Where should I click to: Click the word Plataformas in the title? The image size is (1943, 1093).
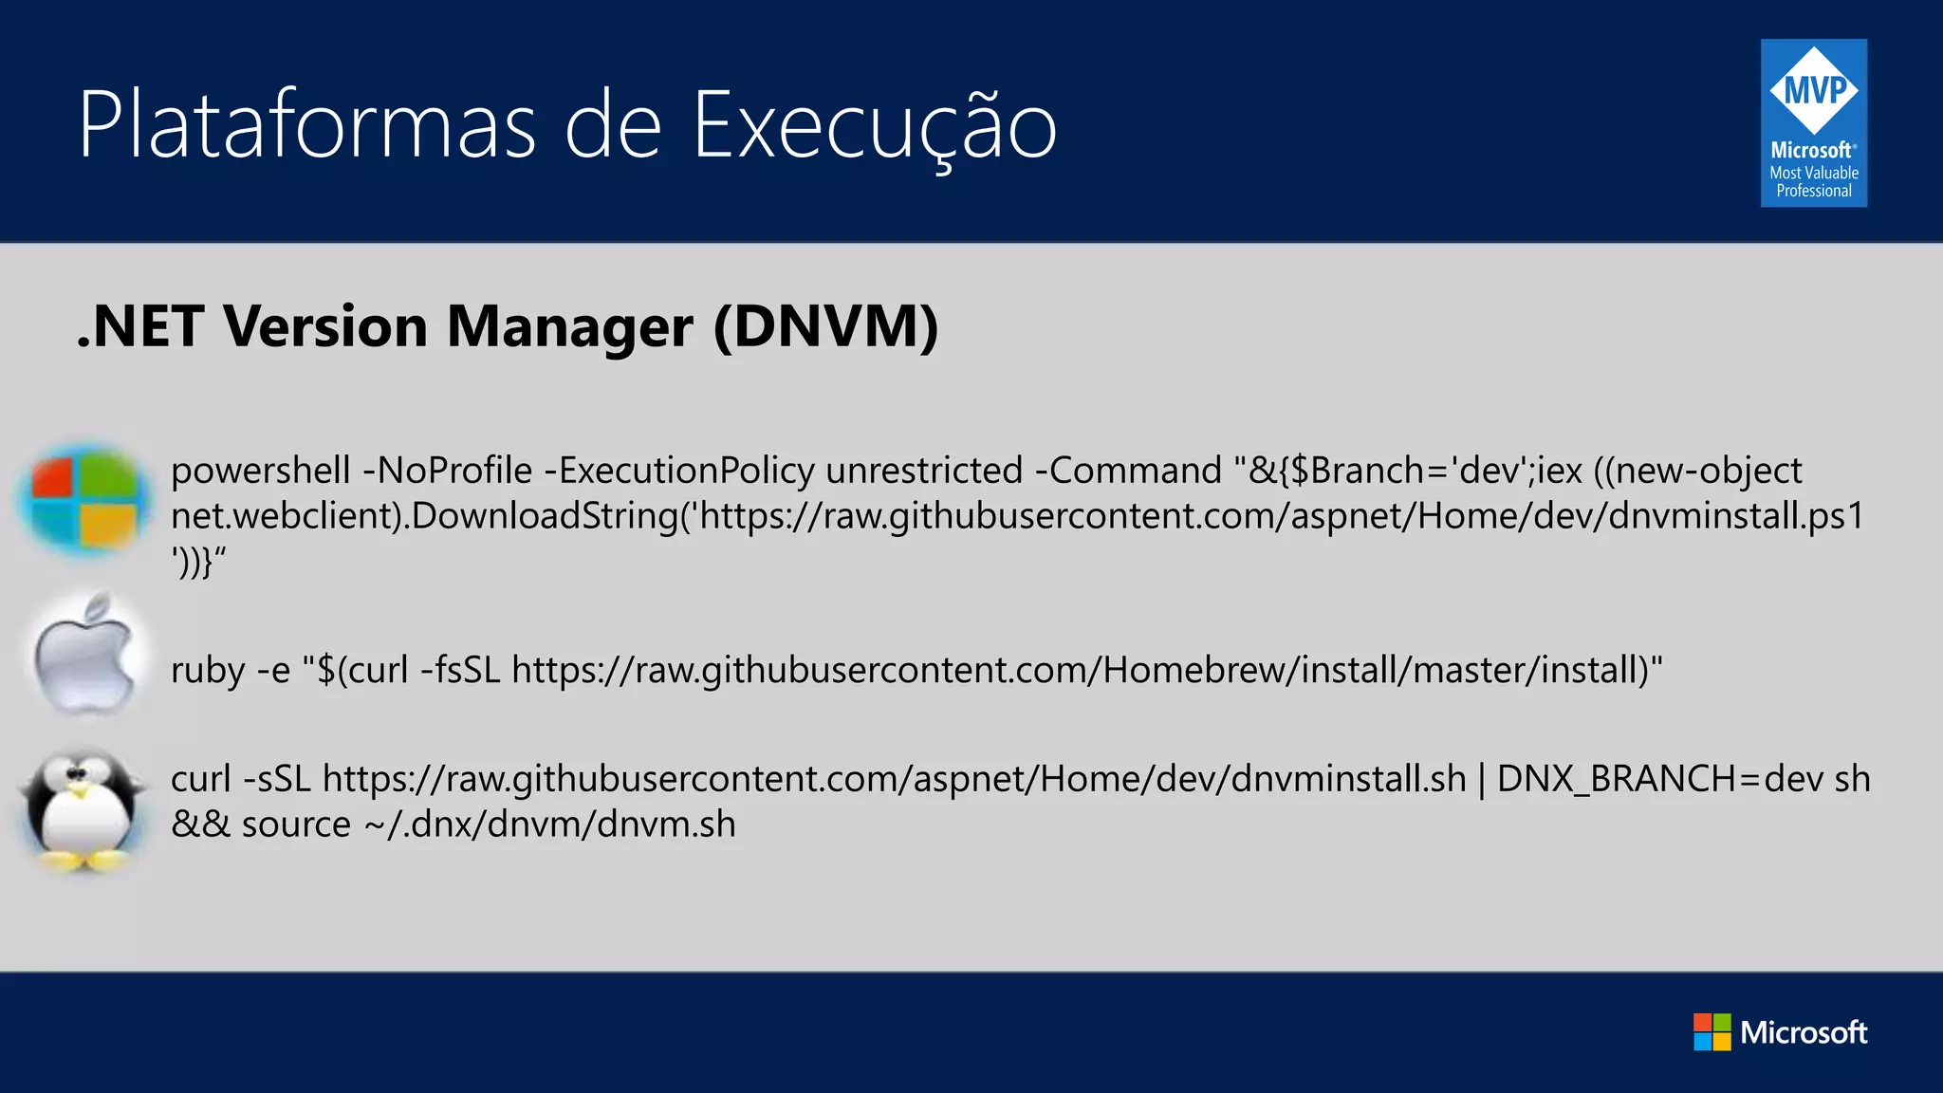coord(307,125)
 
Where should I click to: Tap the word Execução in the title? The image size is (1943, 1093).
coord(874,127)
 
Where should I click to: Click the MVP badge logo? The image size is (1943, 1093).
coord(1813,123)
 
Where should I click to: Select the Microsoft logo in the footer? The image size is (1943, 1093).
coord(1780,1032)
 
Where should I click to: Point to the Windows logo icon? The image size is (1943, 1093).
coord(83,499)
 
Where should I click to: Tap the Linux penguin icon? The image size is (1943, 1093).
coord(83,808)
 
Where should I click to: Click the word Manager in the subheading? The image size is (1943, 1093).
coord(569,326)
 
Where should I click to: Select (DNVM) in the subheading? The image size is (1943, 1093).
coord(826,326)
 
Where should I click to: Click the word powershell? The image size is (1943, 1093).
coord(261,472)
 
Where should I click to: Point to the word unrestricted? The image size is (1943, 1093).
coord(924,472)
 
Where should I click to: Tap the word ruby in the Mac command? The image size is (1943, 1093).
coord(209,671)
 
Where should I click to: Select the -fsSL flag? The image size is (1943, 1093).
coord(460,671)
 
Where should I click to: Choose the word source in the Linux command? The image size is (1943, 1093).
coord(296,824)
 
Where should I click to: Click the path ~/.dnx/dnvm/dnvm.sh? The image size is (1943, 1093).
coord(550,824)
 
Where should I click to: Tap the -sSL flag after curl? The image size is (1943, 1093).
coord(277,779)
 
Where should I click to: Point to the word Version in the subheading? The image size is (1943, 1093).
coord(325,326)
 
